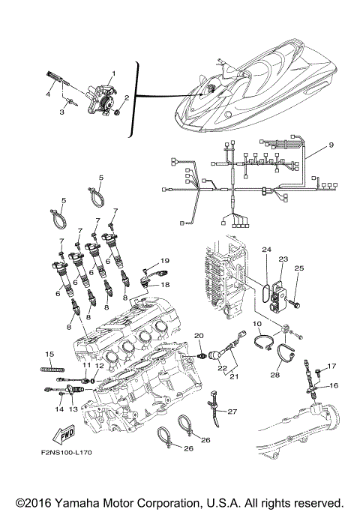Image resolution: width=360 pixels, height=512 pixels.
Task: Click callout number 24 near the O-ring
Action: click(x=265, y=248)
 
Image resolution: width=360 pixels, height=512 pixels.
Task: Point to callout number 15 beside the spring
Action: click(x=49, y=354)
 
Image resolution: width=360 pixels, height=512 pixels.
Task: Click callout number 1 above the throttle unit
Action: click(x=112, y=73)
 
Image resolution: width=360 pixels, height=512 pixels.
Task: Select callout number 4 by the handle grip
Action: click(x=49, y=95)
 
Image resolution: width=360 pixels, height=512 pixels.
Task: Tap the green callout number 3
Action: click(x=63, y=112)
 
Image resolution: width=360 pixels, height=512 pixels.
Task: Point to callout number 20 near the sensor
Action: click(x=199, y=334)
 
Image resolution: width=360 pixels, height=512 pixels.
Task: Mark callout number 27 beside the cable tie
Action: click(x=232, y=412)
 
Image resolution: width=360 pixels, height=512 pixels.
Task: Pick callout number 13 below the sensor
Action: click(x=73, y=410)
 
